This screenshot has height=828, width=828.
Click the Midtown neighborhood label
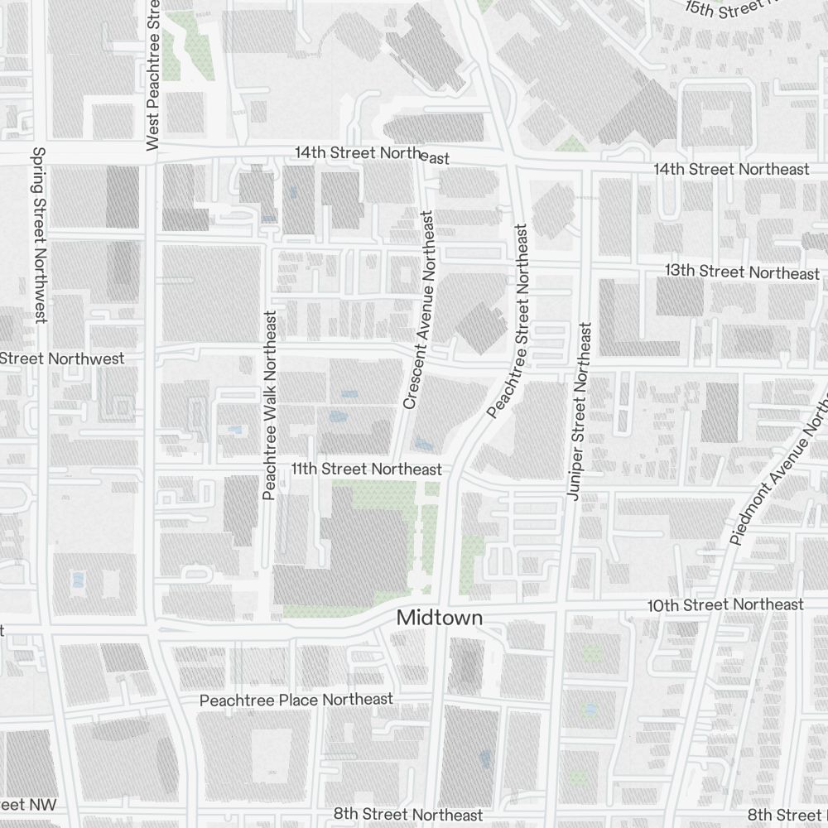pyautogui.click(x=439, y=618)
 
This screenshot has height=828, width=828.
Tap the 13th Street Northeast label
pyautogui.click(x=742, y=272)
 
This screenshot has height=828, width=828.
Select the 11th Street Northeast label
pyautogui.click(x=366, y=469)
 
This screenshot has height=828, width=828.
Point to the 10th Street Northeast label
pyautogui.click(x=725, y=605)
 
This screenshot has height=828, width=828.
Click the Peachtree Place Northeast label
pyautogui.click(x=296, y=700)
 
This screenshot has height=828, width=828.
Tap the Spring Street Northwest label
pyautogui.click(x=38, y=235)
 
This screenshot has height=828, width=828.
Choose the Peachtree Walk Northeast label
pyautogui.click(x=268, y=406)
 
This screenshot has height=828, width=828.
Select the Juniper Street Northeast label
pyautogui.click(x=577, y=411)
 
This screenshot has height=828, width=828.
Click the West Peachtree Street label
pyautogui.click(x=152, y=75)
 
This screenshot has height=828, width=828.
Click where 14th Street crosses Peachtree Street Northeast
pyautogui.click(x=512, y=160)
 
